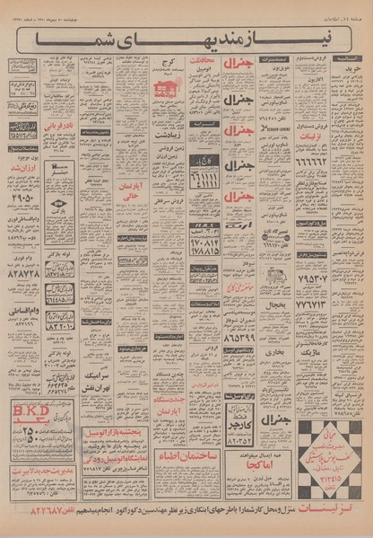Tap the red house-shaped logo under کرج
(x=165, y=90)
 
